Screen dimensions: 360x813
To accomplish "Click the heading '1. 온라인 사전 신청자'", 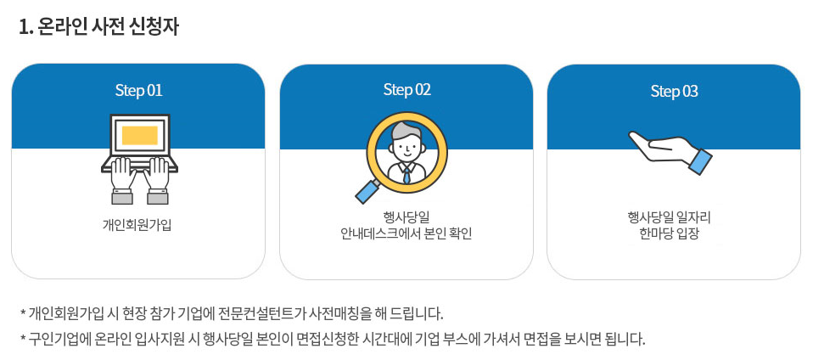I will [x=99, y=26].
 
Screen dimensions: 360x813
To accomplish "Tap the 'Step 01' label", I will [x=138, y=90].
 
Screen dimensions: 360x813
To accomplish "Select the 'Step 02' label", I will [x=406, y=90].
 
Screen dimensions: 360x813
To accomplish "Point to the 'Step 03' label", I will [x=674, y=91].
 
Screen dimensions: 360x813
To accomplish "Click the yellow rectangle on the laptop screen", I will [x=139, y=135].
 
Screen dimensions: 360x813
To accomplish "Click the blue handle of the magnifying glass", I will [x=367, y=191].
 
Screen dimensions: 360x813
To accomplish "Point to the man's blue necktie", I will [x=406, y=174].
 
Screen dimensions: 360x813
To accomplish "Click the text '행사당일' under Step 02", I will [x=406, y=217].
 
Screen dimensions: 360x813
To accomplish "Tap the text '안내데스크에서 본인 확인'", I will [x=406, y=233].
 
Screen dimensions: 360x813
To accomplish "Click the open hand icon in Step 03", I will [x=662, y=149].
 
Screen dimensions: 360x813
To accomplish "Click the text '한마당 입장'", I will [x=674, y=233].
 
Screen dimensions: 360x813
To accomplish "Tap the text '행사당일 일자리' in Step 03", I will [x=674, y=217].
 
